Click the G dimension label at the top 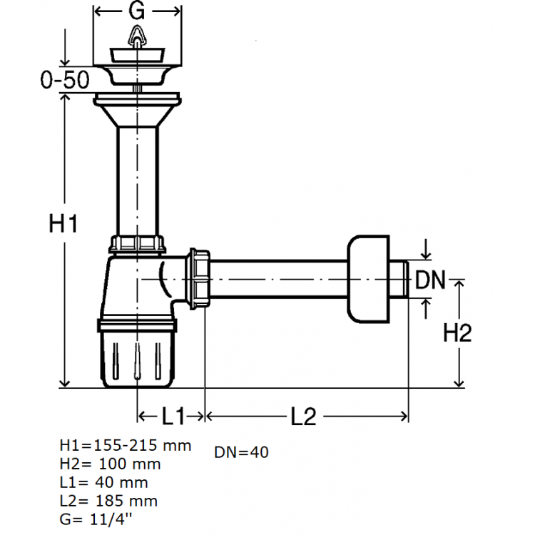136,11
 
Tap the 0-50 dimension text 65,79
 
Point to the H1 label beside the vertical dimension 63,223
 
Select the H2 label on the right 457,332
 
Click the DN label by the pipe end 430,280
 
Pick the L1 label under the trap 173,416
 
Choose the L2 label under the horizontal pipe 303,416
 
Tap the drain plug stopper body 137,56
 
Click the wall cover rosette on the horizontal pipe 369,279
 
